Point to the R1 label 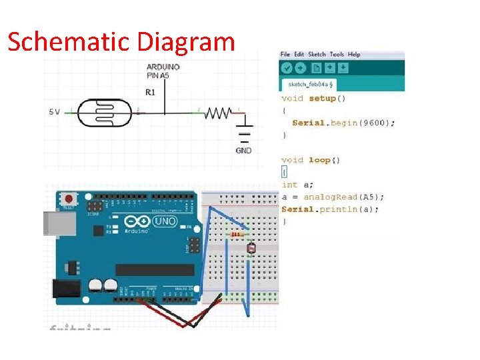151,92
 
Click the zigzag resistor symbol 217,113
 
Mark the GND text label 243,151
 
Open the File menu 285,54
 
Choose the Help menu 354,54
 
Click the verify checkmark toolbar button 287,67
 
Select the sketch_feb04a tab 310,85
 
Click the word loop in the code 319,160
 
